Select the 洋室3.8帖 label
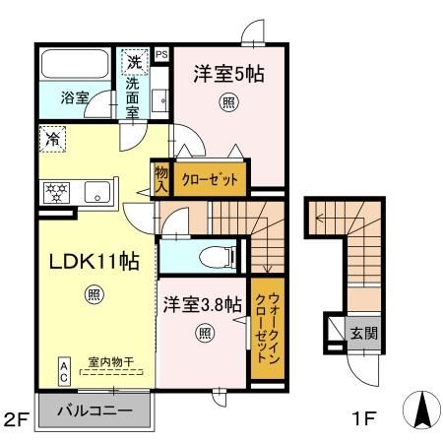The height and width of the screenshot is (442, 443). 202,305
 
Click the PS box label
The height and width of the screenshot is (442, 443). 161,54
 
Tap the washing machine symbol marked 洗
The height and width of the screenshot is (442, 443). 134,64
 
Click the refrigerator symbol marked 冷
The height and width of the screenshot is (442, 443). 51,139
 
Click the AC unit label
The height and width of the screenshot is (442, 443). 64,370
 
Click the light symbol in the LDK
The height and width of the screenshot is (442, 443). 94,294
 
